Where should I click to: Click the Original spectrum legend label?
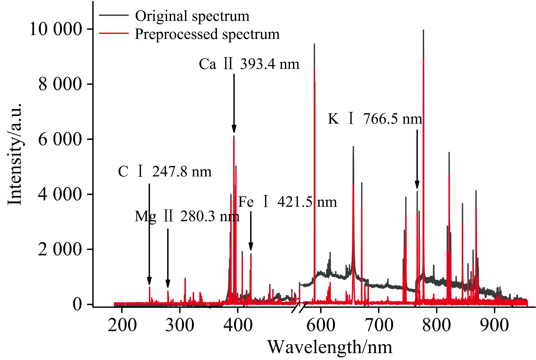[192, 16]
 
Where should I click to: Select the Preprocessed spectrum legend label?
[207, 34]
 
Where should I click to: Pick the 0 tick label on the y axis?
[77, 304]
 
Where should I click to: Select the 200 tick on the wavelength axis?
[122, 325]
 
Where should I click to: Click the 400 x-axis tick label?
[238, 325]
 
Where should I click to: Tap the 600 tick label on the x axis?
[321, 325]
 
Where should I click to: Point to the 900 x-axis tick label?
[494, 325]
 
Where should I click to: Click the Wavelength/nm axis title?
[330, 347]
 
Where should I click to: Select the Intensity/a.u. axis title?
[15, 154]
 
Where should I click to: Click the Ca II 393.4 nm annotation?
[249, 64]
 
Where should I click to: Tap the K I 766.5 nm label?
[375, 119]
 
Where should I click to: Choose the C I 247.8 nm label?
[165, 172]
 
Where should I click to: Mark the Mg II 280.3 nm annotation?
[187, 217]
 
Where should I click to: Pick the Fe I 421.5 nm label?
[287, 202]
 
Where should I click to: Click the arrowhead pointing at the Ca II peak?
[234, 129]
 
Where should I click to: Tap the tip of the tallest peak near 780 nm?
[423, 30]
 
